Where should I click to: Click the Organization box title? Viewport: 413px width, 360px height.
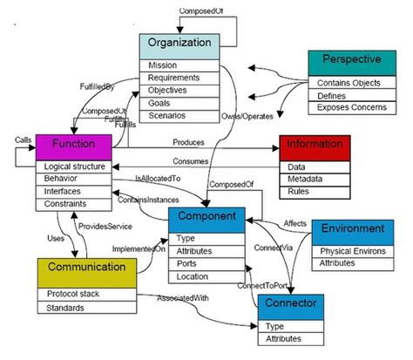[179, 44]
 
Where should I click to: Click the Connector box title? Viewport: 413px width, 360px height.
[295, 306]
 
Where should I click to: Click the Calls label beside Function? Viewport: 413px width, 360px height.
[24, 139]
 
